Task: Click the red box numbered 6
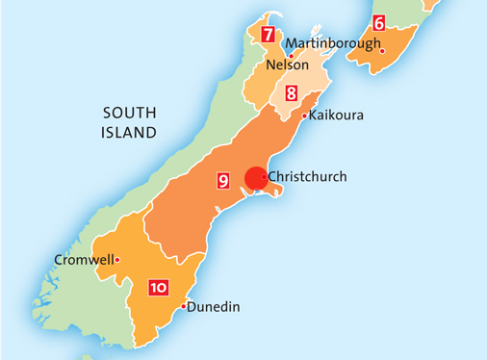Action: click(378, 22)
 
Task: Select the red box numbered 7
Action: click(267, 35)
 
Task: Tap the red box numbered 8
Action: click(290, 93)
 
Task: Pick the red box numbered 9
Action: click(223, 180)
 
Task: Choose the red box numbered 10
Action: click(159, 287)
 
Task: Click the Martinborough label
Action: click(333, 43)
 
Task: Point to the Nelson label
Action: click(287, 65)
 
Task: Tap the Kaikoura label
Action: click(336, 115)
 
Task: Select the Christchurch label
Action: click(307, 176)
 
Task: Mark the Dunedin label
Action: click(212, 307)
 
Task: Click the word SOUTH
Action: click(129, 114)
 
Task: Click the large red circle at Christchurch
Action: click(255, 179)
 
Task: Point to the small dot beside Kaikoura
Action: click(304, 116)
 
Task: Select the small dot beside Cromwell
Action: click(116, 259)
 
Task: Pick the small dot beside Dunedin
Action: click(182, 307)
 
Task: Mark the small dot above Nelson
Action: click(291, 55)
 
